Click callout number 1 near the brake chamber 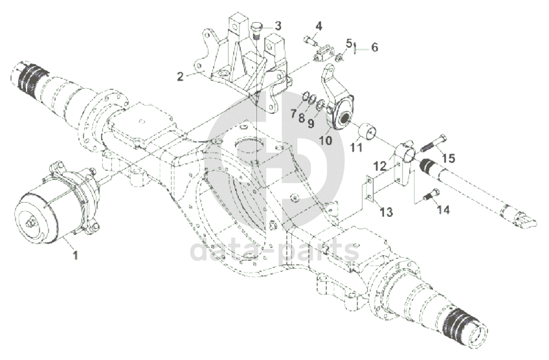75,255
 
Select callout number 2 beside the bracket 181,77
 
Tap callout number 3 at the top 277,26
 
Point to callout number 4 319,27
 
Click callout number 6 374,47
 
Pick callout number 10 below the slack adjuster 325,139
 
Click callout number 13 386,212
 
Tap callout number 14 443,209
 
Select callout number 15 449,157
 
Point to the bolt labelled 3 256,30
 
